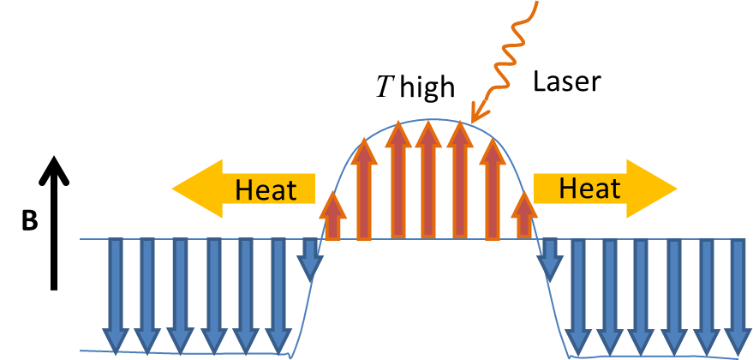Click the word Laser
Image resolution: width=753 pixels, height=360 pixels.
click(x=568, y=82)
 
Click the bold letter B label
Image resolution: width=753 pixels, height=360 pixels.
click(x=30, y=220)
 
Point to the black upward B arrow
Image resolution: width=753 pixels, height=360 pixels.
click(x=54, y=231)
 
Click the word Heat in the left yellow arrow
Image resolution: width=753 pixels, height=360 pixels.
click(x=266, y=189)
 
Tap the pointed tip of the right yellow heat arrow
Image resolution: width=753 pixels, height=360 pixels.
click(x=676, y=188)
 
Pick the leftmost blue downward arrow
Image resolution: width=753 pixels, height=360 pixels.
click(x=115, y=295)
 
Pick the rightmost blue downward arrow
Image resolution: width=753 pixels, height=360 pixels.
click(x=738, y=295)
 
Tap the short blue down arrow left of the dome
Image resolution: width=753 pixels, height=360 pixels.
click(x=309, y=258)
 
